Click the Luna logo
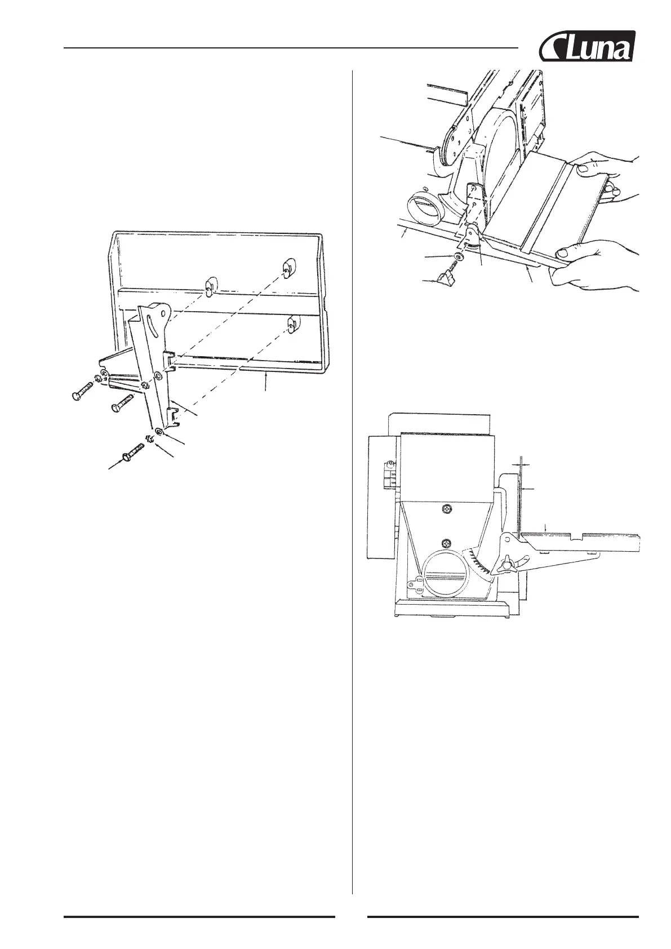588,47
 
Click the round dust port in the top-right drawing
427,208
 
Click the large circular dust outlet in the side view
447,575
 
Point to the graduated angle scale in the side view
478,564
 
